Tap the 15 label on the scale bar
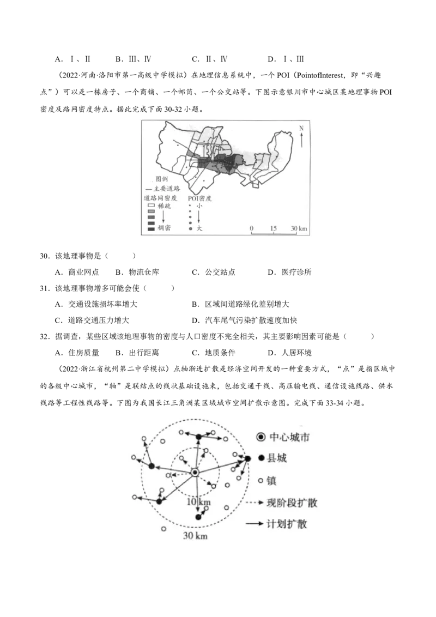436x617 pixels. click(x=272, y=227)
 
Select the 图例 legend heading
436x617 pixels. click(x=161, y=179)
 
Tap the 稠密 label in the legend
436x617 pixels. click(x=163, y=228)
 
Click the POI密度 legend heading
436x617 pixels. click(x=199, y=198)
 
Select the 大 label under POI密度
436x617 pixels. click(x=199, y=228)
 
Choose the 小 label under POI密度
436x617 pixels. click(x=199, y=207)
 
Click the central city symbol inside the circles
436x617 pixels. click(x=195, y=472)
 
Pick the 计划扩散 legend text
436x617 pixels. click(x=286, y=523)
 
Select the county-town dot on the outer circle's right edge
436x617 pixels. click(x=247, y=459)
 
